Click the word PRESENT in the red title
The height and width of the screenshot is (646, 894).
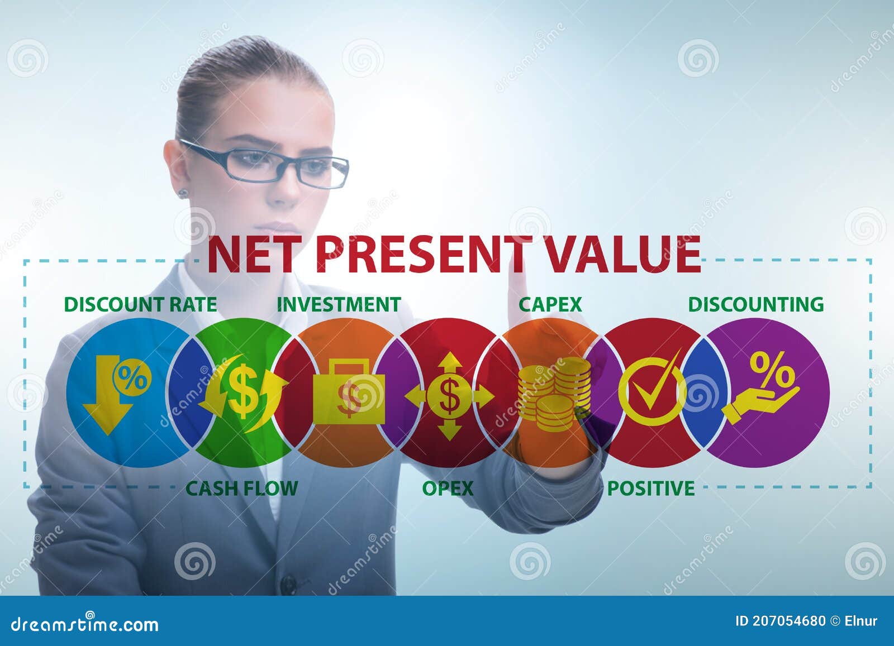coord(422,254)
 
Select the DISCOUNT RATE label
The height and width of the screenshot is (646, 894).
coord(140,304)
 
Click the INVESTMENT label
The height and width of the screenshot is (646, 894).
coord(339,304)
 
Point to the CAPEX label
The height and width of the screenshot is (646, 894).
coord(550,304)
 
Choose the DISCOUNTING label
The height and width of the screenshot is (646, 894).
coord(755,304)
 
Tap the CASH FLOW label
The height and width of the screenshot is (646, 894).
coord(241,488)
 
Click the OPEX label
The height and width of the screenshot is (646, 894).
coord(448,488)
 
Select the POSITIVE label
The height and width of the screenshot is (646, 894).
coord(651,488)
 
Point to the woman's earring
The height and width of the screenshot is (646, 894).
coord(182,193)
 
